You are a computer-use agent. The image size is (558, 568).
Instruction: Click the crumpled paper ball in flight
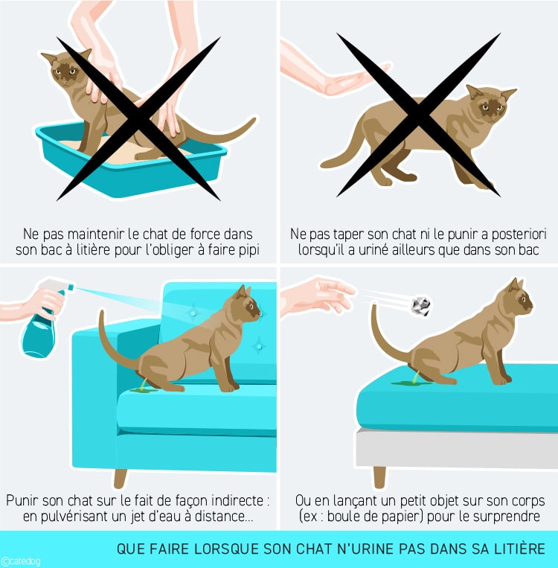click(x=422, y=306)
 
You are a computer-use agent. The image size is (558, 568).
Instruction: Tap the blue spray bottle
click(x=40, y=326)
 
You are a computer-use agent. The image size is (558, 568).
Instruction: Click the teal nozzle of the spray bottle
click(x=70, y=287)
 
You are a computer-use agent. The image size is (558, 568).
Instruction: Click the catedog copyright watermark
click(x=20, y=561)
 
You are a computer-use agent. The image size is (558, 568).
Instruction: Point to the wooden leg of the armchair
click(x=121, y=479)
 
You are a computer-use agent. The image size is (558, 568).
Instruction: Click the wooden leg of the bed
click(x=379, y=477)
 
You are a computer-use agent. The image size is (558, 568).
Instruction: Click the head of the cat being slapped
click(x=490, y=104)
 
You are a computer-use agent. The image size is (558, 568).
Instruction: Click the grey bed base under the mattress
click(x=456, y=447)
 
